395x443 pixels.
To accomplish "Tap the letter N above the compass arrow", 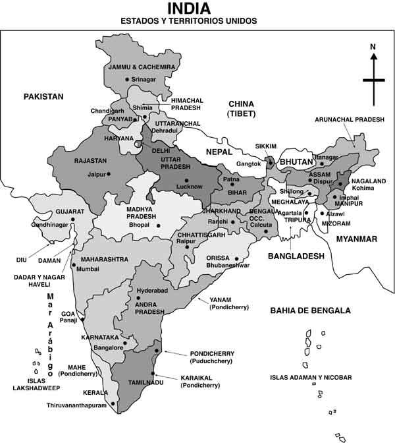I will [x=373, y=47].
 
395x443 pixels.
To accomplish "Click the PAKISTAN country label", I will [x=43, y=97].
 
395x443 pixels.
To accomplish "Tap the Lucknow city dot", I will [x=187, y=180].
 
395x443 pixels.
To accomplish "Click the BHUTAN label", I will [x=298, y=162].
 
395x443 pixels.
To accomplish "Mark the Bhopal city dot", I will [x=159, y=225].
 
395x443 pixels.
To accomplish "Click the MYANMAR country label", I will [x=356, y=239].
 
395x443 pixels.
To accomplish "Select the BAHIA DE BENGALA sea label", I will [x=310, y=310].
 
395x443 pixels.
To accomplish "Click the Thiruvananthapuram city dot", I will [x=113, y=403].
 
